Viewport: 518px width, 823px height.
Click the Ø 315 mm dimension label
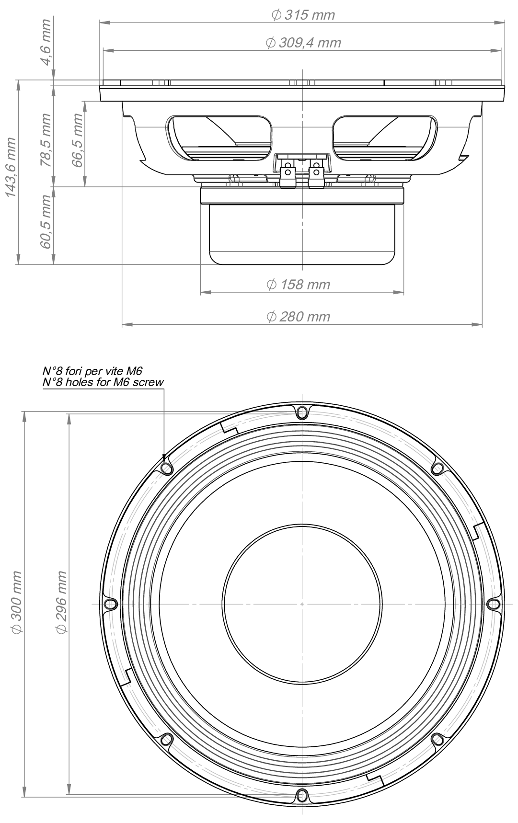pos(302,15)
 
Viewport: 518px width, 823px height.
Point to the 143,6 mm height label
pos(11,167)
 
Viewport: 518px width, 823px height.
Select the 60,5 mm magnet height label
pos(46,222)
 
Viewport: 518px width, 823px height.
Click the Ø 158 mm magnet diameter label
pos(298,285)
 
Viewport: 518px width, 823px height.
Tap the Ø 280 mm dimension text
pos(298,317)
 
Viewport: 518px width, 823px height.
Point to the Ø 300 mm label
pos(16,603)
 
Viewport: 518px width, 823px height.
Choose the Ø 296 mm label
pos(60,603)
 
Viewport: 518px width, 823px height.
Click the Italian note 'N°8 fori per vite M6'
pos(92,371)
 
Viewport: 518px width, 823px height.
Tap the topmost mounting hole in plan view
pos(301,412)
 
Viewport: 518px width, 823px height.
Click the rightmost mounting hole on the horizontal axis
pos(493,604)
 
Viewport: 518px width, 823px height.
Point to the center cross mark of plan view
pos(302,604)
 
